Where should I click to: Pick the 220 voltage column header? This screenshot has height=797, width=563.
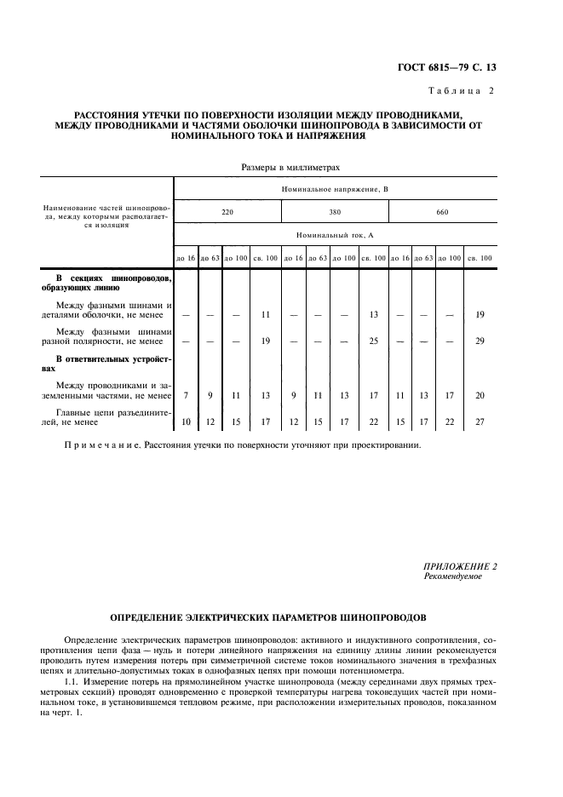point(227,211)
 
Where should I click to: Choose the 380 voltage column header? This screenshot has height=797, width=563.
point(335,211)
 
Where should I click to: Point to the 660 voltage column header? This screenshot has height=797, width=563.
point(442,211)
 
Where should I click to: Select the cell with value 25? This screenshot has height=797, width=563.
point(373,341)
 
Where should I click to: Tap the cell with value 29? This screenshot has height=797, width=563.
point(480,341)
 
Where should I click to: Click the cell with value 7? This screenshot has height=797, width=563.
point(185,395)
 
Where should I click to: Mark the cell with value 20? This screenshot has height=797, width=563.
point(480,395)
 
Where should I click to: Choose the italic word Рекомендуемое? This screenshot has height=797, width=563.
point(452,576)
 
